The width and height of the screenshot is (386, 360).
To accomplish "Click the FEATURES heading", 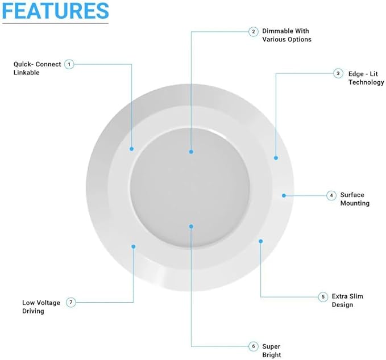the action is pyautogui.click(x=55, y=11).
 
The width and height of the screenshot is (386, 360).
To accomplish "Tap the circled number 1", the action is pyautogui.click(x=69, y=64).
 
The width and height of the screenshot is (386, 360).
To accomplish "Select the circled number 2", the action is pyautogui.click(x=254, y=32).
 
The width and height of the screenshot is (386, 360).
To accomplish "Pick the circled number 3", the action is pyautogui.click(x=338, y=73).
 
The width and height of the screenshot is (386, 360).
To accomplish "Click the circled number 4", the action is pyautogui.click(x=331, y=195).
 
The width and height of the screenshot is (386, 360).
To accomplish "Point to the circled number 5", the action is pyautogui.click(x=323, y=297).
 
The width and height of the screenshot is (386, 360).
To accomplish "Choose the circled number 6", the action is pyautogui.click(x=254, y=346).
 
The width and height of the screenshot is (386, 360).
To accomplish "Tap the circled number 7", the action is pyautogui.click(x=71, y=302).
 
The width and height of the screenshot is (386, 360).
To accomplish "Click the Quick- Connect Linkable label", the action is pyautogui.click(x=37, y=68).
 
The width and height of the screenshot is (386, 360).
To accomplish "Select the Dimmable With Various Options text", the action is pyautogui.click(x=287, y=35).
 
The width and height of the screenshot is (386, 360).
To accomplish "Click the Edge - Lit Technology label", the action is pyautogui.click(x=366, y=78).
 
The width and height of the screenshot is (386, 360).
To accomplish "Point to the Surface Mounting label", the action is pyautogui.click(x=355, y=199).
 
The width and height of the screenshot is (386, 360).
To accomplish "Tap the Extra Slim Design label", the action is pyautogui.click(x=347, y=300).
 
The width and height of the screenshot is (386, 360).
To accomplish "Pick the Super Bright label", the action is pyautogui.click(x=272, y=351).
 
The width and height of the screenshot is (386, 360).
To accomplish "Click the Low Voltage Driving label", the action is pyautogui.click(x=41, y=307).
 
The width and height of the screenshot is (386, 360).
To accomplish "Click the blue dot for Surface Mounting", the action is pyautogui.click(x=284, y=195).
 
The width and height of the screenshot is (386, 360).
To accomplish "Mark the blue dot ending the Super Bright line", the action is pyautogui.click(x=191, y=226).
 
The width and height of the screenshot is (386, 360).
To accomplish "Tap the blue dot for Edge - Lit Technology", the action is pyautogui.click(x=276, y=158).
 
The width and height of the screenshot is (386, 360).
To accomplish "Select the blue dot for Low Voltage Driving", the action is pyautogui.click(x=134, y=246).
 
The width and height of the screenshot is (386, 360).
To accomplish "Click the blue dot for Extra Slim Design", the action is pyautogui.click(x=261, y=241).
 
